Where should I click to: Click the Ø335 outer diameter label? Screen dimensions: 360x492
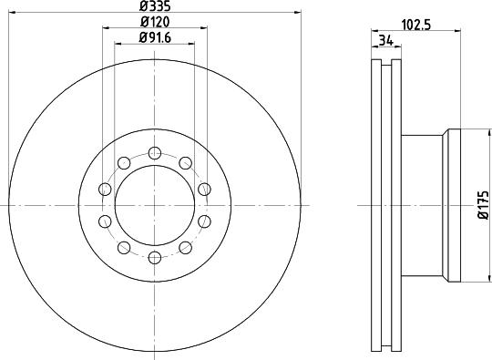(153, 6)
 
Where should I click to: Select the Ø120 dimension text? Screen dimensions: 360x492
(153, 21)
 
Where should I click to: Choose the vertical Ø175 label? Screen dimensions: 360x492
(483, 206)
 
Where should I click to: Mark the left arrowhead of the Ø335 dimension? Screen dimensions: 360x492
(10, 13)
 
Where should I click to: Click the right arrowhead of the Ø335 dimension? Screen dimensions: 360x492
(297, 13)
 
